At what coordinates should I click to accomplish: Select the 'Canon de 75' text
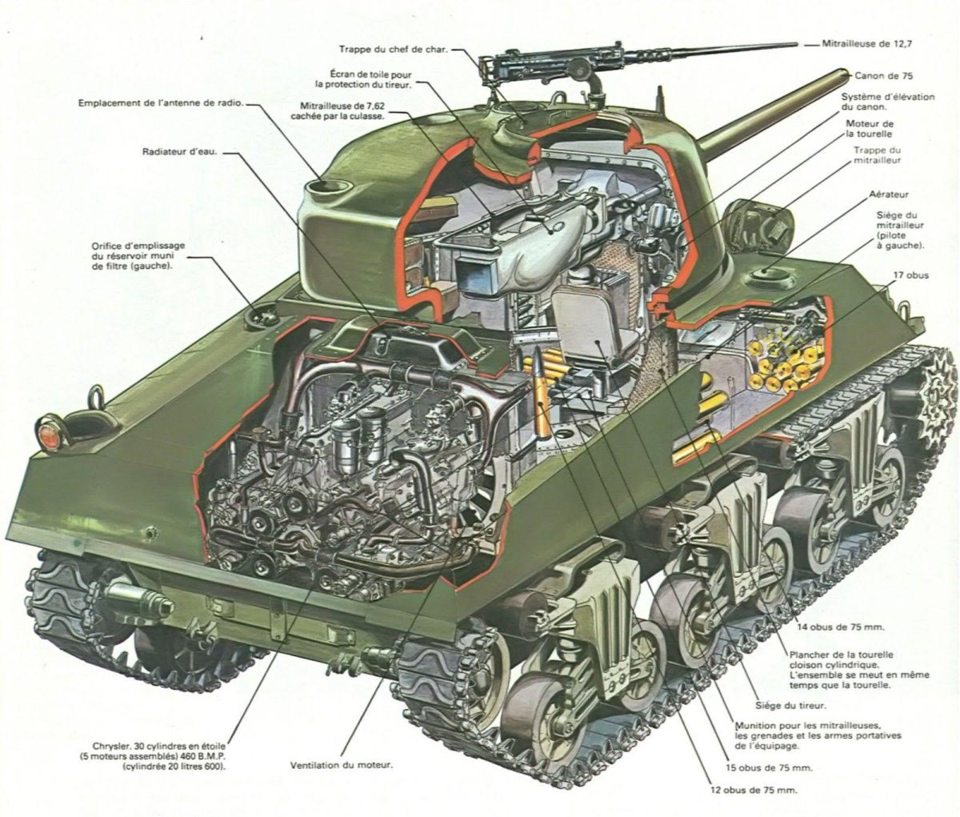[883, 76]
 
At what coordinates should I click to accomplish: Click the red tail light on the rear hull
[48, 433]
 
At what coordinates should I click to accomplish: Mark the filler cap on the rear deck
[259, 316]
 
